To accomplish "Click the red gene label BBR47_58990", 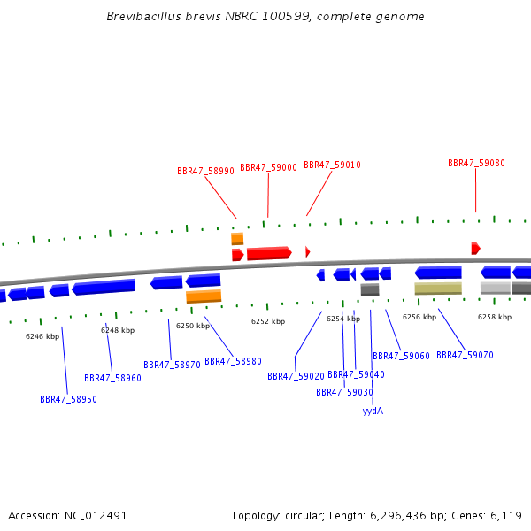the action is [x=205, y=171].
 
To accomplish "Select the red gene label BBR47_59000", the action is [x=268, y=167].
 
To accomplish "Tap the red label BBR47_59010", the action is [x=332, y=165].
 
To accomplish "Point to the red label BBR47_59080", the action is [x=476, y=163].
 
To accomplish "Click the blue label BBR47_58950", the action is [x=68, y=399].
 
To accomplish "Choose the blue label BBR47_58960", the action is [x=112, y=378].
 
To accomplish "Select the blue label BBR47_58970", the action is [x=172, y=365].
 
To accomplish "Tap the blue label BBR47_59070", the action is [x=465, y=355].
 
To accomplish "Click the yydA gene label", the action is [x=373, y=412].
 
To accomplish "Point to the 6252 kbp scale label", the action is [x=268, y=321].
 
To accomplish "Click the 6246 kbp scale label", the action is [x=42, y=336].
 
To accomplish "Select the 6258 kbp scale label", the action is [x=495, y=317].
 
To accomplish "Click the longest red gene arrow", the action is [x=269, y=253].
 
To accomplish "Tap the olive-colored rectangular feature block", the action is [x=438, y=289].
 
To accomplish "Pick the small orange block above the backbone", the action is [x=237, y=239].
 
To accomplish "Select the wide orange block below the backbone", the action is [x=204, y=296].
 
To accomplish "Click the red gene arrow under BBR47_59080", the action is [x=476, y=248].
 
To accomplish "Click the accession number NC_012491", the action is [x=96, y=516].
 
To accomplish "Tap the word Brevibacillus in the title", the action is [x=144, y=16].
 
